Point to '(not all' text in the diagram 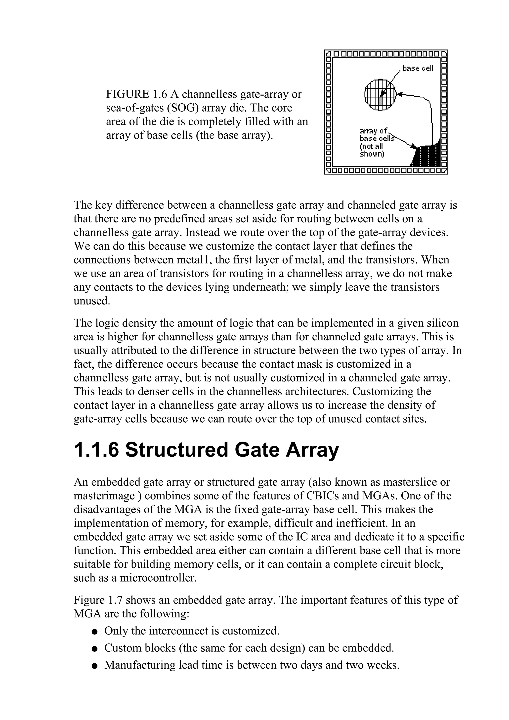pyautogui.click(x=371, y=146)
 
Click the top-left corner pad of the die pyautogui.click(x=328, y=54)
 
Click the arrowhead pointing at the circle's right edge pyautogui.click(x=399, y=94)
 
